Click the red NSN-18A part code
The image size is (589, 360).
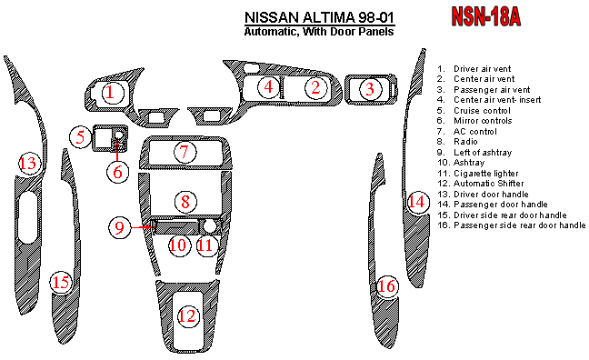(x=485, y=16)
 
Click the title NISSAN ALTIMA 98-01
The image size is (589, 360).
(x=319, y=17)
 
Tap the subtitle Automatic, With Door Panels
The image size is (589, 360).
(x=319, y=31)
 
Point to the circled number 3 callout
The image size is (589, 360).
(x=370, y=89)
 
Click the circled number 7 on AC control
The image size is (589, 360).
(x=185, y=152)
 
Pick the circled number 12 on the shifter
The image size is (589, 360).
(x=187, y=315)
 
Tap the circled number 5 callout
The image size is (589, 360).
(x=81, y=136)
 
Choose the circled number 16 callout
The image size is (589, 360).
(x=387, y=286)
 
